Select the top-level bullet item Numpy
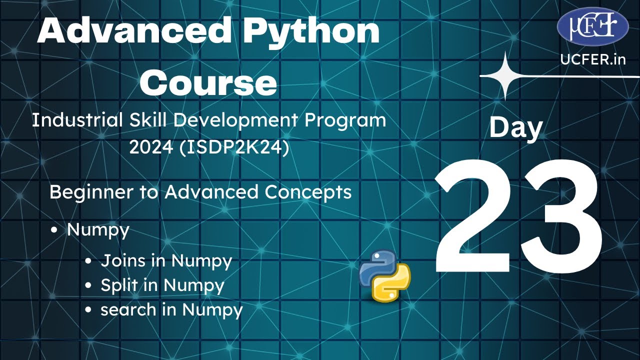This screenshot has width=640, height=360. [x=98, y=230]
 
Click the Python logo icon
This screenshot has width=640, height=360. [x=384, y=275]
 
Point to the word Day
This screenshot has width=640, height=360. [x=515, y=127]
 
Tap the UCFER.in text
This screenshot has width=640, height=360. [x=593, y=59]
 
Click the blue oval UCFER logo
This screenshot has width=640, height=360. [x=592, y=26]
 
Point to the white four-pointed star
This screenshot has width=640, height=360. [x=505, y=76]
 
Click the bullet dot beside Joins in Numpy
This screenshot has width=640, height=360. [x=88, y=261]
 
